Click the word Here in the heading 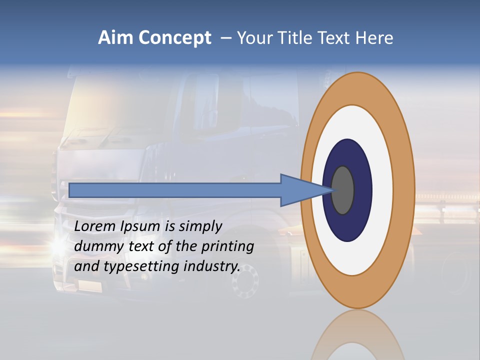(374, 38)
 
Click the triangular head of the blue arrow (300, 190)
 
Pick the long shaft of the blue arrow (175, 190)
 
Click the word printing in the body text (227, 247)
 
